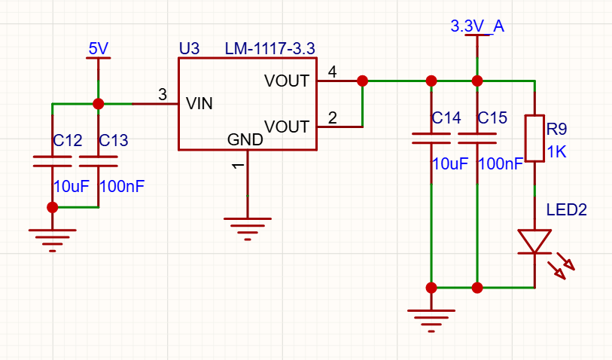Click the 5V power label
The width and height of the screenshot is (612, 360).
pyautogui.click(x=99, y=49)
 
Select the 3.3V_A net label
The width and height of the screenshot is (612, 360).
pyautogui.click(x=477, y=26)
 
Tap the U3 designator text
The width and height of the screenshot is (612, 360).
pyautogui.click(x=189, y=49)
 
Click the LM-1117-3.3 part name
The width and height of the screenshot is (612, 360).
pyautogui.click(x=269, y=49)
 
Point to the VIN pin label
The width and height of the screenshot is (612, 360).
pyautogui.click(x=199, y=104)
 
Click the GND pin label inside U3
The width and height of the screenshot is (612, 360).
pyautogui.click(x=245, y=139)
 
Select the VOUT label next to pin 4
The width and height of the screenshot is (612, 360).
pyautogui.click(x=287, y=81)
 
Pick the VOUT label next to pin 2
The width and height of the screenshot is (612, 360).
pyautogui.click(x=287, y=127)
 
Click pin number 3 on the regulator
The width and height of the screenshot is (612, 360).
pyautogui.click(x=163, y=94)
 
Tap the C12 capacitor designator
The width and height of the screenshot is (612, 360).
pyautogui.click(x=68, y=141)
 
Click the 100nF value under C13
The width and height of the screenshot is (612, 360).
pyautogui.click(x=122, y=187)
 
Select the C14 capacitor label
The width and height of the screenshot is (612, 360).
pyautogui.click(x=446, y=117)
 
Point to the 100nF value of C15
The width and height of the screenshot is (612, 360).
pyautogui.click(x=501, y=164)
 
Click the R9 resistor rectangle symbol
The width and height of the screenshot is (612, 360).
pyautogui.click(x=534, y=139)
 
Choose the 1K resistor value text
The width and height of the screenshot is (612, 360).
pyautogui.click(x=556, y=152)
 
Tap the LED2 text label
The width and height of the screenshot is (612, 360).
pyautogui.click(x=566, y=210)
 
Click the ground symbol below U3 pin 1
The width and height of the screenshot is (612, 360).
pyautogui.click(x=248, y=229)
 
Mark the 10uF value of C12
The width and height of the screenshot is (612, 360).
pyautogui.click(x=72, y=187)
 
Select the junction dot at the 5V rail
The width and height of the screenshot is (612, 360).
pyautogui.click(x=99, y=104)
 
